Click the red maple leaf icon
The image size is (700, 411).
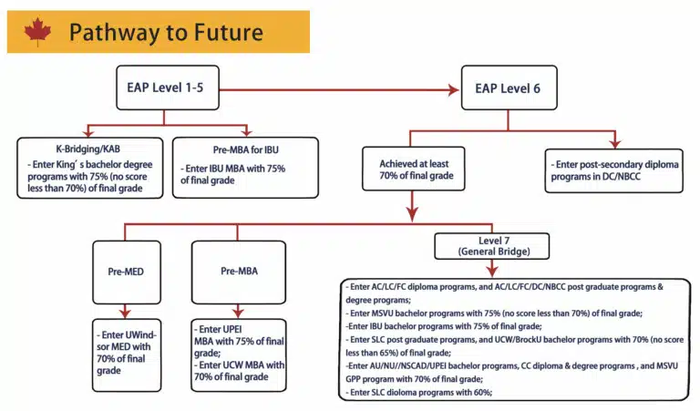37,33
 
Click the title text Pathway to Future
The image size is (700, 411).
166,34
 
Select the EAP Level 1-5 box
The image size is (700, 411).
166,88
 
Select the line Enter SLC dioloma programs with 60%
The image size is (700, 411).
419,391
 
